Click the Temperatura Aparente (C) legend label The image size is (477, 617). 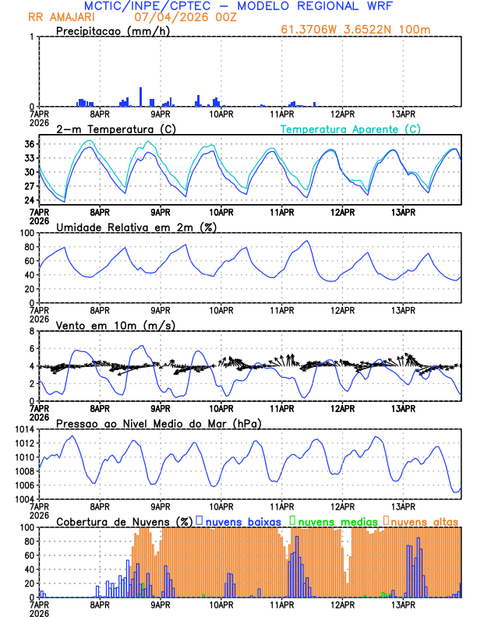350,129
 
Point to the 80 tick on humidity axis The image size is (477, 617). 27,247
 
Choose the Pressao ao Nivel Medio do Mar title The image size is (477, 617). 158,423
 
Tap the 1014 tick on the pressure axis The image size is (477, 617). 22,429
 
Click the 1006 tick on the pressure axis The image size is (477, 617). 22,485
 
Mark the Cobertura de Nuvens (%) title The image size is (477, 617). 123,521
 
